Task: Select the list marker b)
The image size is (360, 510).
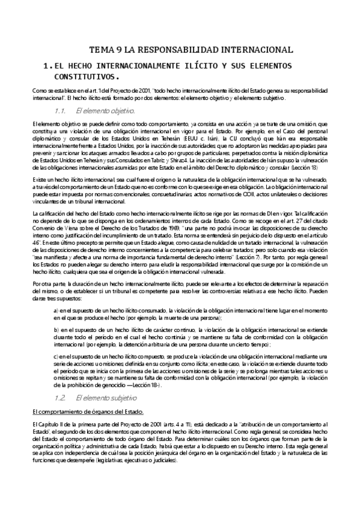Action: pyautogui.click(x=56, y=331)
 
